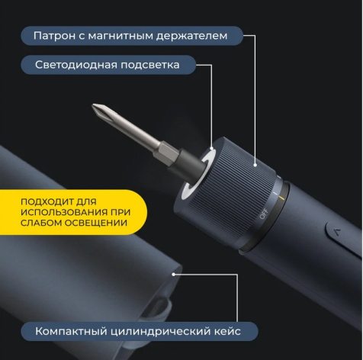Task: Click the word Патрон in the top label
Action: tap(54, 36)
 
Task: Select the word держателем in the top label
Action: tap(191, 36)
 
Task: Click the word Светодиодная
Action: tap(76, 65)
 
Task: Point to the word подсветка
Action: tap(150, 65)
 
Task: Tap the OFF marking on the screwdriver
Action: tap(264, 214)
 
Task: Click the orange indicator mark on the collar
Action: tap(281, 198)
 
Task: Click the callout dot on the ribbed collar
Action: tap(255, 166)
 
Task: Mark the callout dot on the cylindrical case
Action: tap(174, 275)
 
